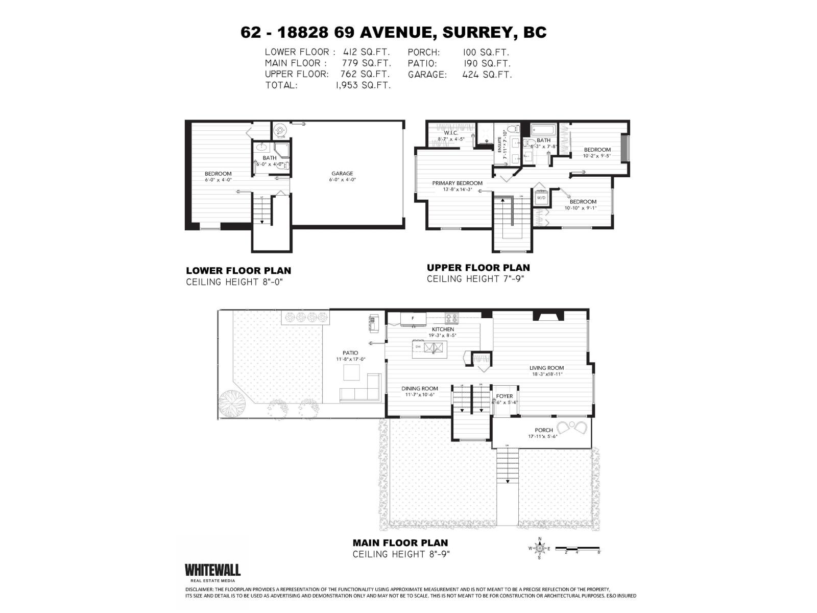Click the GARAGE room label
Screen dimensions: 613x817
point(342,174)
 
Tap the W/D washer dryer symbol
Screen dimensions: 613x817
point(541,197)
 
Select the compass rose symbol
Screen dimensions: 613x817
point(539,549)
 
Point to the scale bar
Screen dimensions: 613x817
point(578,548)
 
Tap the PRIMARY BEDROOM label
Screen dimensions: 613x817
point(457,183)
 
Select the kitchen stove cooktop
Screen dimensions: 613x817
point(451,318)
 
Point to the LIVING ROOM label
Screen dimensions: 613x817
point(546,368)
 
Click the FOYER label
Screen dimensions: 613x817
point(504,396)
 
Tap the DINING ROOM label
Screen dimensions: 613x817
point(419,389)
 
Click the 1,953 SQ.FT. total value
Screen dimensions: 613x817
point(363,85)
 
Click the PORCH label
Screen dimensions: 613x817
point(544,430)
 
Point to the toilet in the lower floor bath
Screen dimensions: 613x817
point(286,165)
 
